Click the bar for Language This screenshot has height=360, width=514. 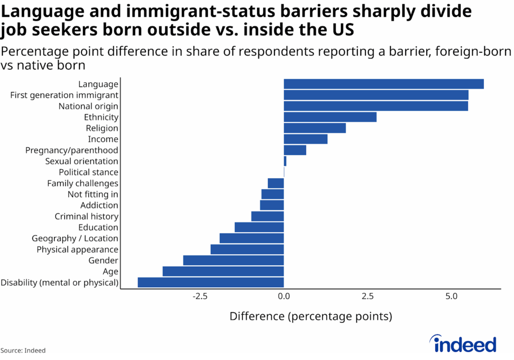tap(383, 84)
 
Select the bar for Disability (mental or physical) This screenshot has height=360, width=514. tap(211, 283)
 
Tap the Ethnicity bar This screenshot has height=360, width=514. tap(330, 117)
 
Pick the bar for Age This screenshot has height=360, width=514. tap(223, 272)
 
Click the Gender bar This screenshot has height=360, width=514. tap(233, 261)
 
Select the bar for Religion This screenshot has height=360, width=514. tap(315, 128)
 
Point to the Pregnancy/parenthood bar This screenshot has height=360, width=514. tap(295, 150)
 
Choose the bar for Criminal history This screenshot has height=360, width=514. tap(268, 216)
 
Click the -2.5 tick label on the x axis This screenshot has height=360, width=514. tap(200, 296)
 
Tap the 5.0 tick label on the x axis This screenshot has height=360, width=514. tap(452, 296)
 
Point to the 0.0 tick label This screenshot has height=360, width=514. tap(284, 296)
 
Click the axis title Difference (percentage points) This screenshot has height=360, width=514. tap(311, 317)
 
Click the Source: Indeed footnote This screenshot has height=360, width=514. tap(26, 350)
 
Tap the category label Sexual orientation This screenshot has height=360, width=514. tap(81, 161)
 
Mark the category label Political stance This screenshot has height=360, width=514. tap(88, 172)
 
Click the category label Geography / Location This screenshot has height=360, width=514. tap(75, 238)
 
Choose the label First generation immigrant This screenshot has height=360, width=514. tap(64, 95)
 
